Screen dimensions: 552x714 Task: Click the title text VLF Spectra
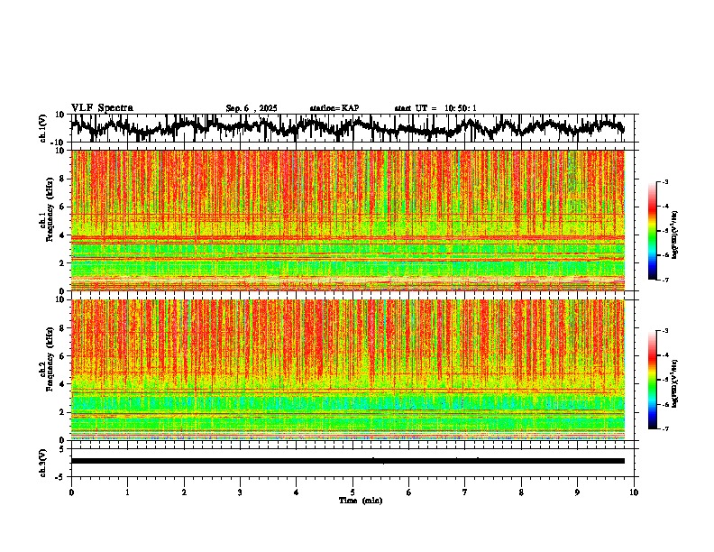click(102, 108)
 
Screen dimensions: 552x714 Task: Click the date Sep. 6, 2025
click(251, 108)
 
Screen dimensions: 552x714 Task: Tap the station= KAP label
click(334, 108)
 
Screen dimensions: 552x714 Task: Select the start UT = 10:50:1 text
click(435, 108)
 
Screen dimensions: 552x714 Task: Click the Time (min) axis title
click(360, 501)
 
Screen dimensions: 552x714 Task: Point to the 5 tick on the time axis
click(352, 492)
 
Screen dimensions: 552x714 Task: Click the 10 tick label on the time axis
click(635, 492)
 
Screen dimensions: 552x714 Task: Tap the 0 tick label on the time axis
click(71, 492)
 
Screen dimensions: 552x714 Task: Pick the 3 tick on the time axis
click(240, 492)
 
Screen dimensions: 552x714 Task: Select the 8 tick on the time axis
click(522, 492)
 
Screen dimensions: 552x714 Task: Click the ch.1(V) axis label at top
click(43, 128)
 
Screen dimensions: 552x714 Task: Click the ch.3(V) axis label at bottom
click(43, 460)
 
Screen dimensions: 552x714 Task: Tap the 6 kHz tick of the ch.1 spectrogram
click(64, 207)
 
